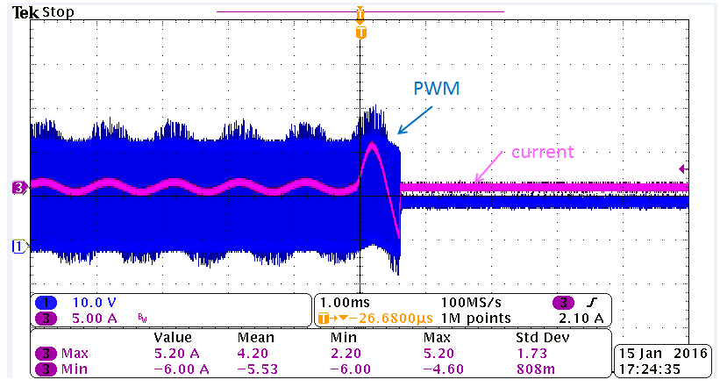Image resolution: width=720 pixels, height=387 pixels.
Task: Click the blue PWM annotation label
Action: pyautogui.click(x=436, y=89)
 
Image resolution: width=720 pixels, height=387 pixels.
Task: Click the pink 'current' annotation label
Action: pyautogui.click(x=541, y=152)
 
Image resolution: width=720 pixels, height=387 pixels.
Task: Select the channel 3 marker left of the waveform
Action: pyautogui.click(x=18, y=187)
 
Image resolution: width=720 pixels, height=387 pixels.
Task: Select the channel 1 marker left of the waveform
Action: pyautogui.click(x=15, y=246)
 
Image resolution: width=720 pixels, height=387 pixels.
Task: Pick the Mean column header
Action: pyautogui.click(x=256, y=337)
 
